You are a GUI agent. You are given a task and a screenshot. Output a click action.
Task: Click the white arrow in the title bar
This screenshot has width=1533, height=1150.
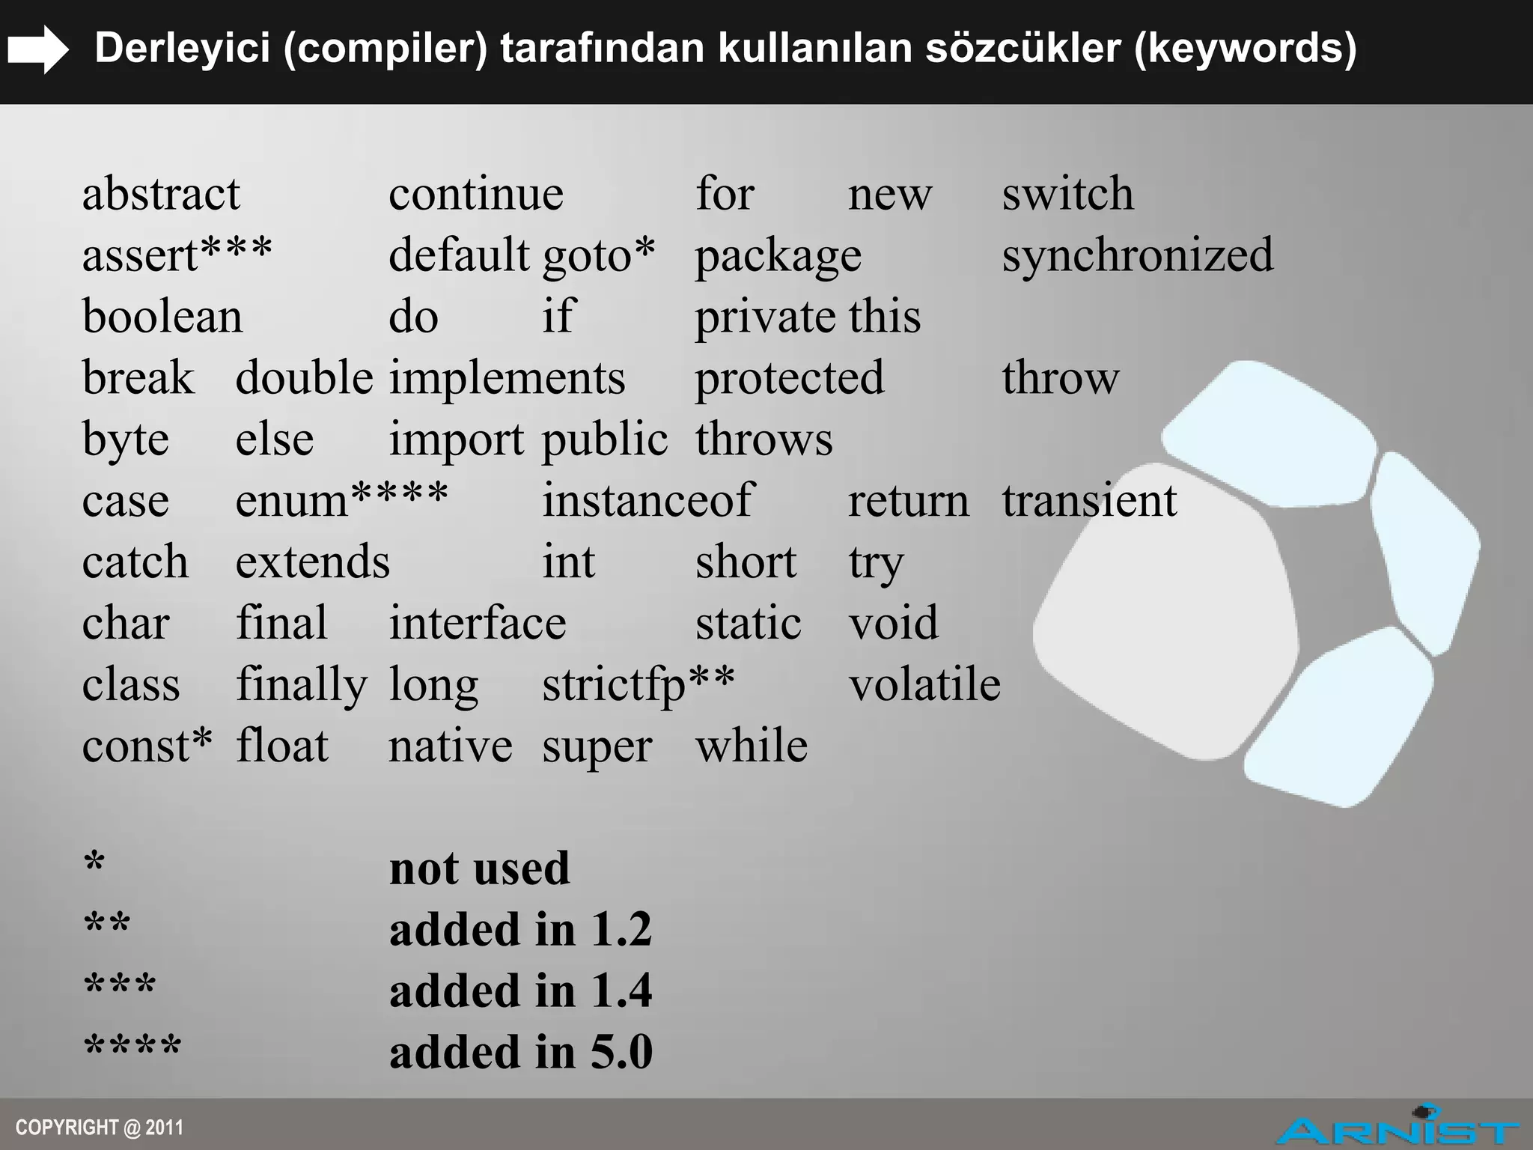[x=37, y=49]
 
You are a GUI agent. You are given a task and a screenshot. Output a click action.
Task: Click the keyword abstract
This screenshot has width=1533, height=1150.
[x=161, y=194]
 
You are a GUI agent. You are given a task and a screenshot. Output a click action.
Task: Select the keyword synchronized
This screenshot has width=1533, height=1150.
[x=1137, y=255]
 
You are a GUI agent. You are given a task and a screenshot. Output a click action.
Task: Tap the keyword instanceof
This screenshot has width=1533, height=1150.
[x=647, y=501]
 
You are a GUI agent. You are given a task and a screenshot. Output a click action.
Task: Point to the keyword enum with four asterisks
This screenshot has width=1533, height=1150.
[x=341, y=501]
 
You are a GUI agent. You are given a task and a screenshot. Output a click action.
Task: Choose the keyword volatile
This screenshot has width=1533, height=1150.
[x=924, y=684]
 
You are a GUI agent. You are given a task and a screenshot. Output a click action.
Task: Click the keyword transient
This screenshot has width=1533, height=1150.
[x=1089, y=501]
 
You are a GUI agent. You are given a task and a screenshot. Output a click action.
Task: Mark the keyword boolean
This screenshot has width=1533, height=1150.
[x=162, y=317]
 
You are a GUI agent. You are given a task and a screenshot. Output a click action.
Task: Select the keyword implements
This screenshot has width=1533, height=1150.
[x=507, y=378]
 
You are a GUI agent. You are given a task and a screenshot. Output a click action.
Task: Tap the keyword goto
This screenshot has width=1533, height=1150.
[x=598, y=255]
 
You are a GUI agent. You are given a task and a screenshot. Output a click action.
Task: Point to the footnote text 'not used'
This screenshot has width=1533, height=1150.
[x=479, y=869]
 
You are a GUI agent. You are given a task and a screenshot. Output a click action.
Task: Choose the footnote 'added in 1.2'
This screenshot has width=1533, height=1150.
[x=520, y=931]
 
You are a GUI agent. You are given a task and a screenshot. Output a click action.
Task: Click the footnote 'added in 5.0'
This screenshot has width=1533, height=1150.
[x=520, y=1053]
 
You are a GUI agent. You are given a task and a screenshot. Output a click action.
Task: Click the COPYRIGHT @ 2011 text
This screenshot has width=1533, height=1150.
[x=99, y=1128]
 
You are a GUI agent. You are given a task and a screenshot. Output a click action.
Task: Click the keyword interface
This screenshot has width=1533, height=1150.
[x=477, y=624]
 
